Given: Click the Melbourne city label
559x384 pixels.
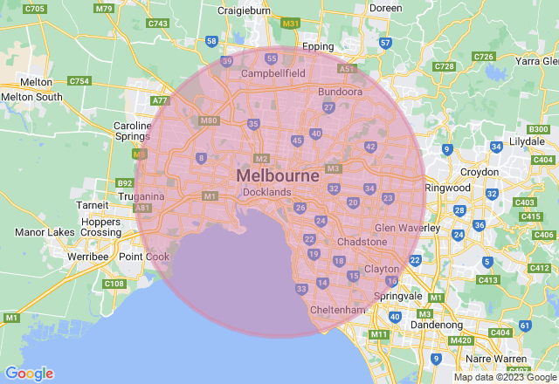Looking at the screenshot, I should pos(278,175).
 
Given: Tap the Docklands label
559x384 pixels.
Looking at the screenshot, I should pos(266,192).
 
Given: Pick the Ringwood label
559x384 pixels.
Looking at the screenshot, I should pos(446,188).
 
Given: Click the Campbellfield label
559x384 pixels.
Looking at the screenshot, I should pos(273,74).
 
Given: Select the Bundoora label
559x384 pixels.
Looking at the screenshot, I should pos(341,91).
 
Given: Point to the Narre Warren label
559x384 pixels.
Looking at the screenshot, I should pos(499,358).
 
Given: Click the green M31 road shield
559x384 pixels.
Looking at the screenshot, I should pos(291,23).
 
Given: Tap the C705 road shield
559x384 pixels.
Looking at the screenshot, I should pos(36,9).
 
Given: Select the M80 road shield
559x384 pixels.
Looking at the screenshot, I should pos(208,121).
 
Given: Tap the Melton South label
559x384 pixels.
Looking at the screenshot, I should pos(31,97).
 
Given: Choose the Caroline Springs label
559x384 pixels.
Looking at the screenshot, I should pos(133,132).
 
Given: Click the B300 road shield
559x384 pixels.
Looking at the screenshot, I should pos(538,129).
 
